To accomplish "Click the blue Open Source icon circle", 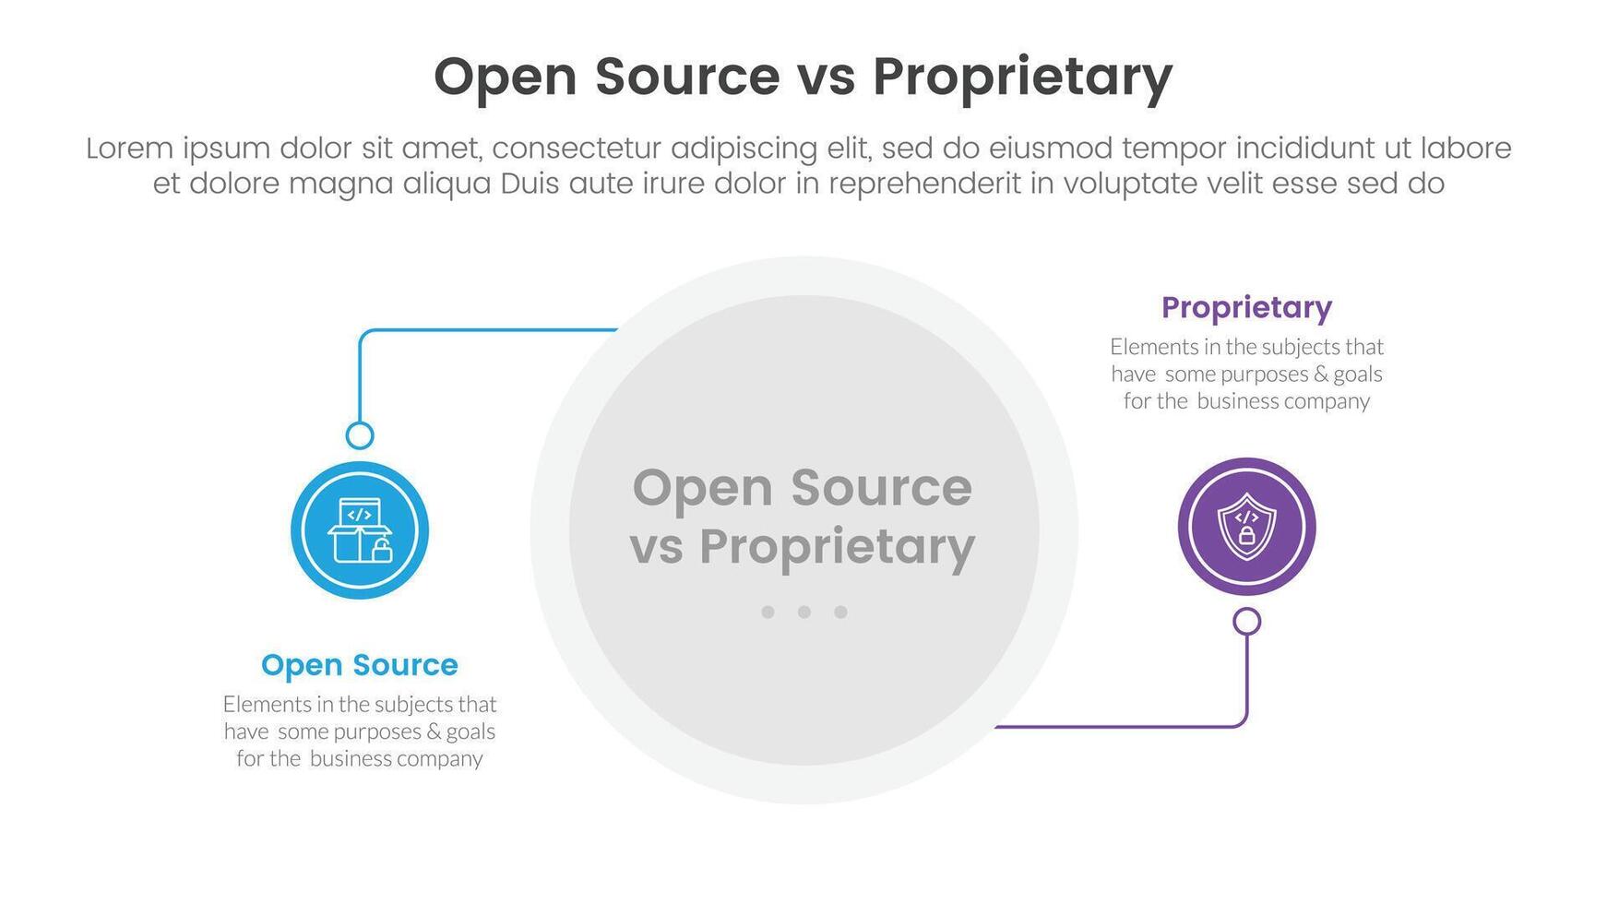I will tap(359, 530).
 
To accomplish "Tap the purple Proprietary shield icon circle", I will tap(1246, 527).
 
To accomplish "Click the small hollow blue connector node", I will tap(359, 435).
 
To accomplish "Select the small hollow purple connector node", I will tap(1246, 622).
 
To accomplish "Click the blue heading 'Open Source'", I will tap(359, 665).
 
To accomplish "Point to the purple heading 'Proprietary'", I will tap(1246, 307).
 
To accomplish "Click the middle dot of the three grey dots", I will tap(803, 612).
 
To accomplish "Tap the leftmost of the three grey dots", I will tap(768, 612).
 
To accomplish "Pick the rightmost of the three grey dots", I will tap(840, 612).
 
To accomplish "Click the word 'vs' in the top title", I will tap(826, 77).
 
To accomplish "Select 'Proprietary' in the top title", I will tap(1022, 77).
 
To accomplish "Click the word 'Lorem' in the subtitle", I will tap(129, 149).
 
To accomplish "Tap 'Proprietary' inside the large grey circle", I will tap(837, 547).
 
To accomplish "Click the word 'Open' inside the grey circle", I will tap(703, 489).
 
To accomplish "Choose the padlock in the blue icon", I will tap(382, 551).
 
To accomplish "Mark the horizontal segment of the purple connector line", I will tap(1116, 727).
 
